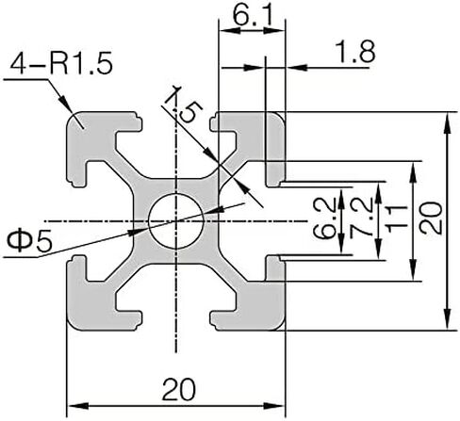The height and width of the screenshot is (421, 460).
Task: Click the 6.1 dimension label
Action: point(252,15)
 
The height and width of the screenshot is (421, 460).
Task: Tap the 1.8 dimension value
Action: point(355,52)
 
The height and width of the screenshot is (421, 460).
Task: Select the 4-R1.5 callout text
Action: point(61,65)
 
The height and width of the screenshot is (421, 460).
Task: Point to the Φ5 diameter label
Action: point(29,241)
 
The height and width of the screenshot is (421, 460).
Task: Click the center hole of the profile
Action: point(176,221)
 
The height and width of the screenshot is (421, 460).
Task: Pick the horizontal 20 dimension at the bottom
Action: point(178,390)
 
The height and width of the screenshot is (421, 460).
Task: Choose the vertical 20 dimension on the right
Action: point(432,218)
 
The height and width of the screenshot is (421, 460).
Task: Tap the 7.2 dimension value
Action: point(361,218)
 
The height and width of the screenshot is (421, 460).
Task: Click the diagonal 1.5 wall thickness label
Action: point(184,105)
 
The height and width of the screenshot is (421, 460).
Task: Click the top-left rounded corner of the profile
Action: point(71,117)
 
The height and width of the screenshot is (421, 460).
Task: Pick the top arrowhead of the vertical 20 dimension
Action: point(449,123)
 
